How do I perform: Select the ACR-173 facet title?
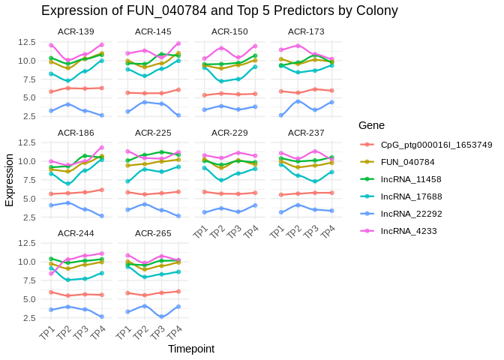click(306, 31)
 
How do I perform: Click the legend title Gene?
click(372, 124)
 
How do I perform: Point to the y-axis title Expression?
click(10, 180)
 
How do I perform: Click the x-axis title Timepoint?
click(191, 349)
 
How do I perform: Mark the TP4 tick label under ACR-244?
click(97, 332)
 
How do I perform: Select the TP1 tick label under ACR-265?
click(124, 332)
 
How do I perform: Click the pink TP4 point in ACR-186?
click(101, 147)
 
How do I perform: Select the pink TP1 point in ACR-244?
click(50, 273)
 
